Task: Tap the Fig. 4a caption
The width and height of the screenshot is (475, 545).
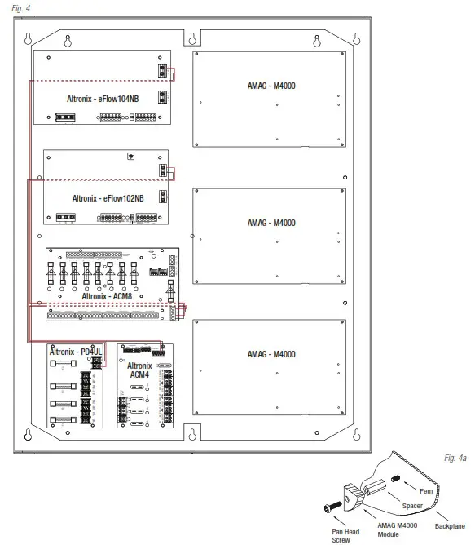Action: pyautogui.click(x=455, y=459)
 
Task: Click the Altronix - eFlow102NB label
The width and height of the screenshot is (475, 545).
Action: pyautogui.click(x=107, y=197)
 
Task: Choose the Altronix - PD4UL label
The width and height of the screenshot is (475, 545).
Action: pyautogui.click(x=73, y=352)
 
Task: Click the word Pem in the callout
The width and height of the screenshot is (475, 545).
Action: pyautogui.click(x=424, y=491)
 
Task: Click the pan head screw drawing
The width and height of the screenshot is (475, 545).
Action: pyautogui.click(x=333, y=507)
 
